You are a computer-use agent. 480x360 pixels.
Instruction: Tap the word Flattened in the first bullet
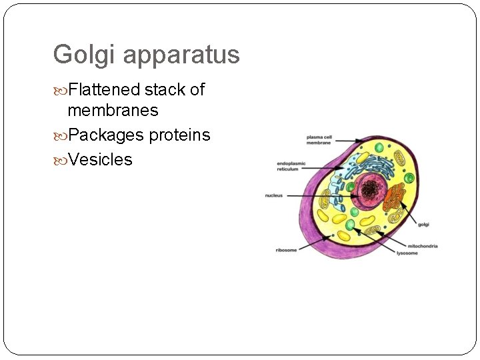point(105,90)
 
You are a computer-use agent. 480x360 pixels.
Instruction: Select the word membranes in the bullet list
point(113,110)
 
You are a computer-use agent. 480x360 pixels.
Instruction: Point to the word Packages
point(106,135)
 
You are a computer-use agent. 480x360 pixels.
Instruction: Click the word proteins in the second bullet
point(179,135)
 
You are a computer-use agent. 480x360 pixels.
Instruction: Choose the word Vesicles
point(100,160)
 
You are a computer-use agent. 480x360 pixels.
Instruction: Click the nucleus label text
point(274,195)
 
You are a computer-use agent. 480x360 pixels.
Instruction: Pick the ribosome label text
point(286,250)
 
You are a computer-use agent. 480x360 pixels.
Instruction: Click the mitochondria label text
point(423,246)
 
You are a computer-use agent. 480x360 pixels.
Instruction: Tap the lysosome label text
point(407,253)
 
